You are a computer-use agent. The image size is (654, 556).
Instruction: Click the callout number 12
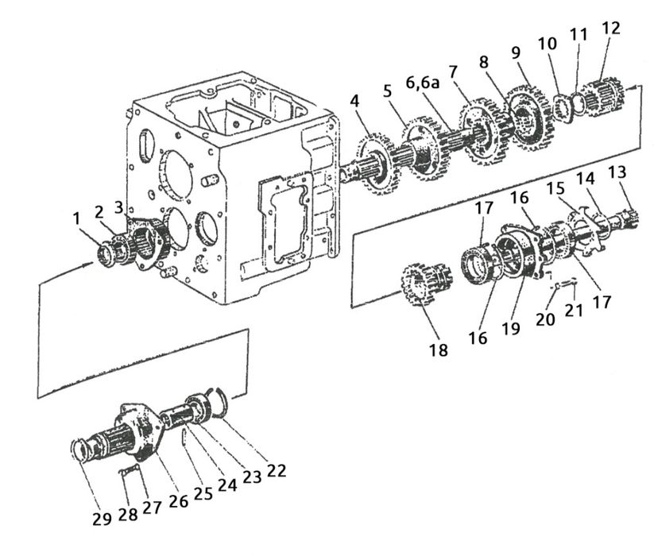[611, 28]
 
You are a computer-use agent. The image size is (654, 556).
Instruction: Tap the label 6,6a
[423, 82]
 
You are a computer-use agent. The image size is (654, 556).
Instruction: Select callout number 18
[439, 349]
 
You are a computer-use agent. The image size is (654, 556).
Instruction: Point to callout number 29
[103, 519]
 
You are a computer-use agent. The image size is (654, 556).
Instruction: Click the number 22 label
[277, 470]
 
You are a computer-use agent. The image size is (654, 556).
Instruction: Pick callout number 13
[617, 172]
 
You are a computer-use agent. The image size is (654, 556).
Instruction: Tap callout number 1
[76, 218]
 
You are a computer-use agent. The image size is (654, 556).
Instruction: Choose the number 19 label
[511, 328]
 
